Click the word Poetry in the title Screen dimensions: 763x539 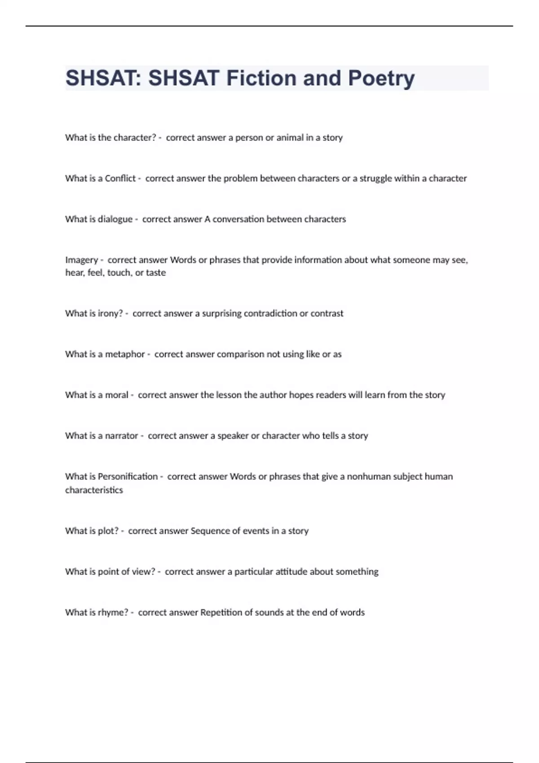click(381, 79)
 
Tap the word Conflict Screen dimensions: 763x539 click(120, 179)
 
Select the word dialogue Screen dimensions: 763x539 click(115, 219)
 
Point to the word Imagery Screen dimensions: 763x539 click(81, 260)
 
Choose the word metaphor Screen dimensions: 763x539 click(125, 354)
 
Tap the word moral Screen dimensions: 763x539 click(116, 395)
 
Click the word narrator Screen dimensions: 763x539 click(121, 436)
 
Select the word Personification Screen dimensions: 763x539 click(128, 477)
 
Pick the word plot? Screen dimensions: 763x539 click(108, 531)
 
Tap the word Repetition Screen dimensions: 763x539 click(221, 613)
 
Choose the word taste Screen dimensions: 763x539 click(156, 273)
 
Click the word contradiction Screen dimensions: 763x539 click(265, 313)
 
